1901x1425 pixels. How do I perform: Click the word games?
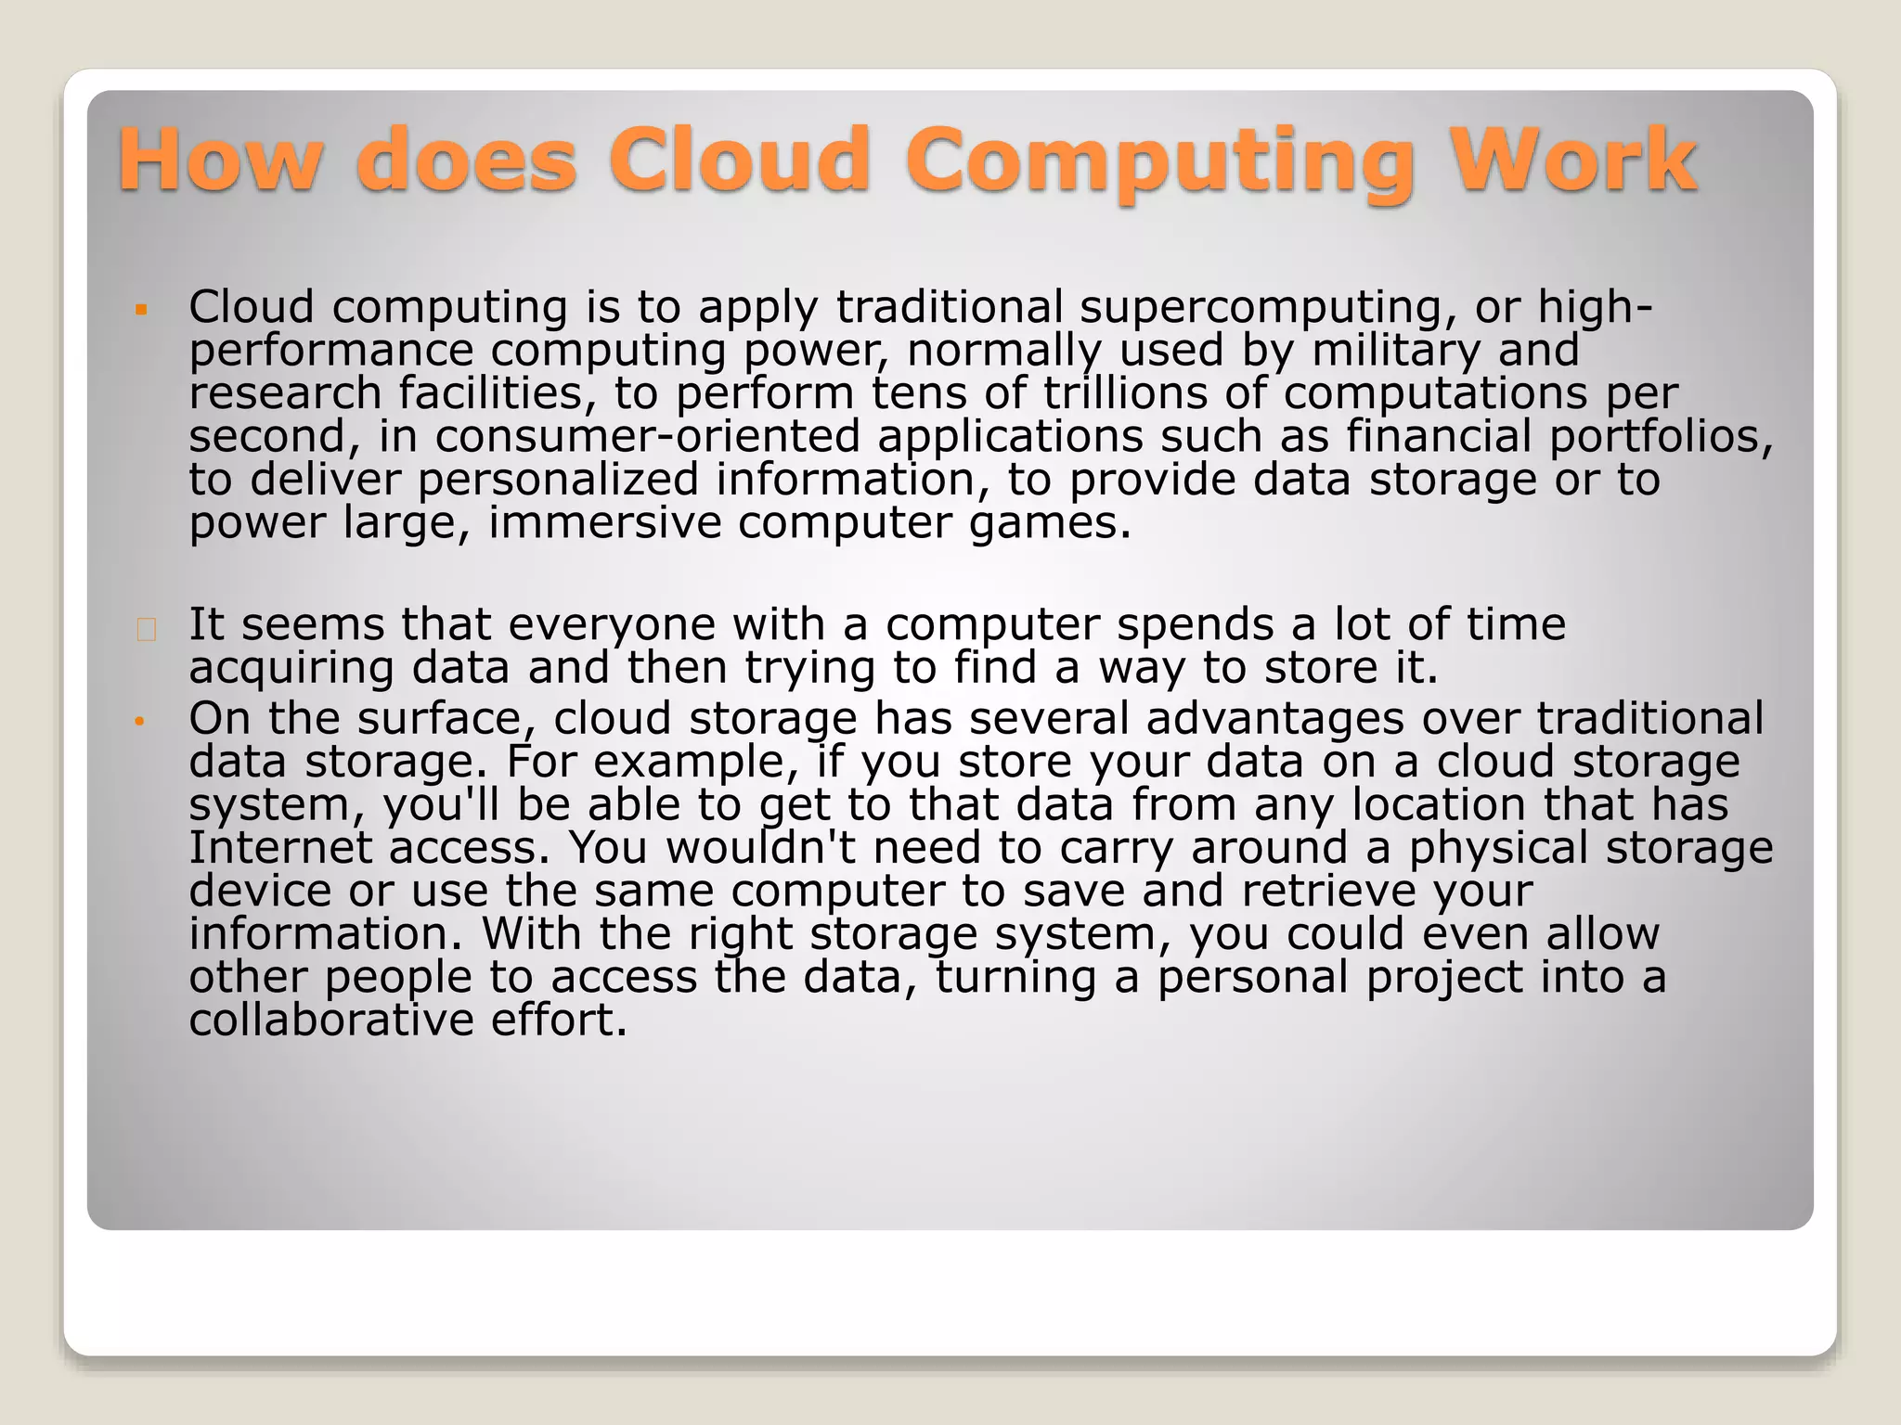click(x=1050, y=523)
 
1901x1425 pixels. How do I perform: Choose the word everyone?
click(x=612, y=625)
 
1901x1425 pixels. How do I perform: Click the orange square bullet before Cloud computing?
click(x=141, y=309)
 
